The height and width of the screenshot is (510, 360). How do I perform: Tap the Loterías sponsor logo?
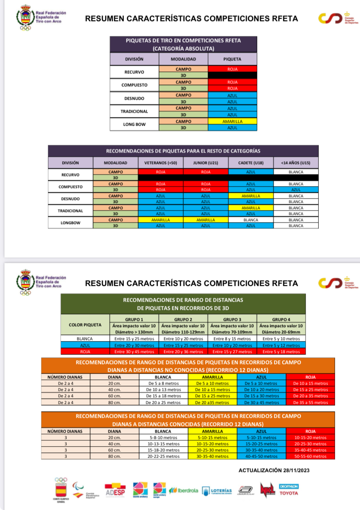(217, 491)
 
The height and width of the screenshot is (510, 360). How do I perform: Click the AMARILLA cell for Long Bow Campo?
(232, 121)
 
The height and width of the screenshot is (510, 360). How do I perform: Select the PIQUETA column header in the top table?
(232, 59)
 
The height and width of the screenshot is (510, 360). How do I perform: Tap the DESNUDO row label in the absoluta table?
(134, 98)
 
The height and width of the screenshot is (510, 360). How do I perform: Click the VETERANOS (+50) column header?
(160, 163)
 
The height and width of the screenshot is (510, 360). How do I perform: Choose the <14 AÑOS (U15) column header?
(296, 163)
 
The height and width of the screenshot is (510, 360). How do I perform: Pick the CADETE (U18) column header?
(251, 163)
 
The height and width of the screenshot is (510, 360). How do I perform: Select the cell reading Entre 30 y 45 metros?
(134, 352)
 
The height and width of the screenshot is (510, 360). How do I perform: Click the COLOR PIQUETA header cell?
(85, 325)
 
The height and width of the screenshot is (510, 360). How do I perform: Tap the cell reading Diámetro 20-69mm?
(281, 332)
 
